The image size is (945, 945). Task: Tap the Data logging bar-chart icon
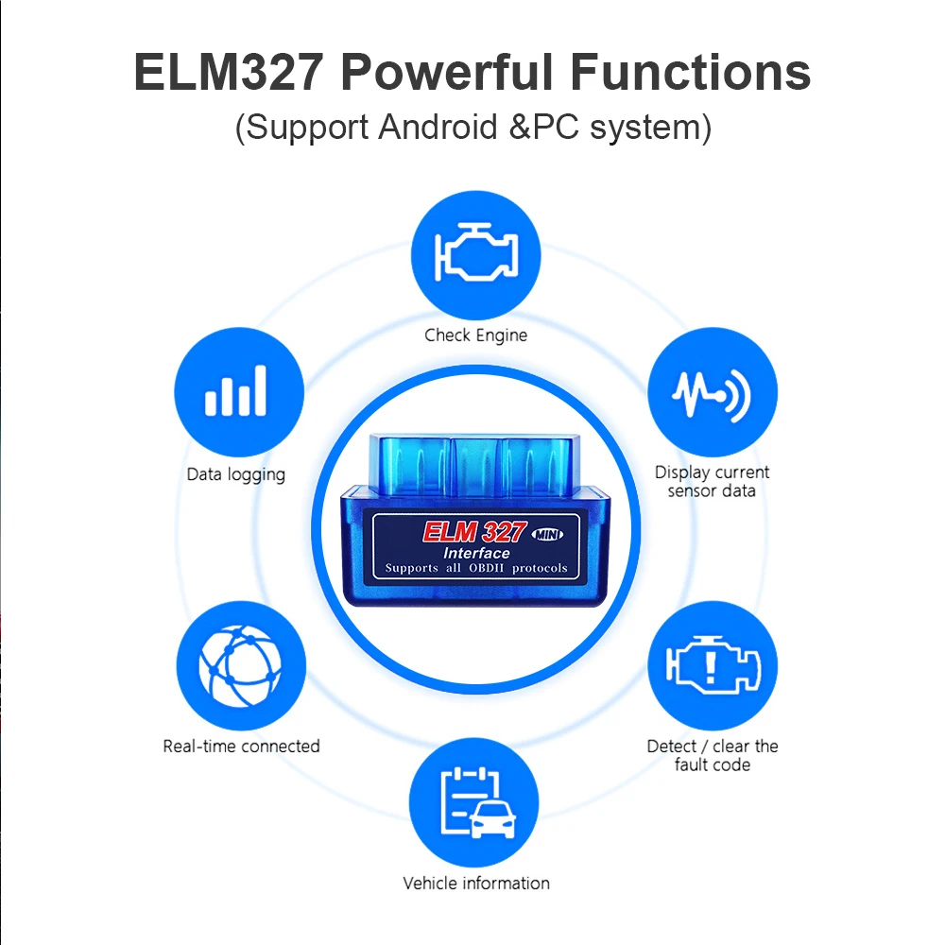pos(236,391)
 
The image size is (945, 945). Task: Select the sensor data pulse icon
pos(713,394)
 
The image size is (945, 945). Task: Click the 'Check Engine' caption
pos(475,335)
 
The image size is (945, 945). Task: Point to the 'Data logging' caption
pos(236,474)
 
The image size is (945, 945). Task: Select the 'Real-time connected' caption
pos(241,747)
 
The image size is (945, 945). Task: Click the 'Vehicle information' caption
pos(475,884)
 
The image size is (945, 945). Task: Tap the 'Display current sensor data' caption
pos(713,481)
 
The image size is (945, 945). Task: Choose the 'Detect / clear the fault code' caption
pos(713,755)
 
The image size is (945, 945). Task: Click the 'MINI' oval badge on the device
pos(547,534)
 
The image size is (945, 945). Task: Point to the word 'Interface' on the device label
pos(476,553)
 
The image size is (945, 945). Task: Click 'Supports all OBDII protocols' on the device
pos(476,568)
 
